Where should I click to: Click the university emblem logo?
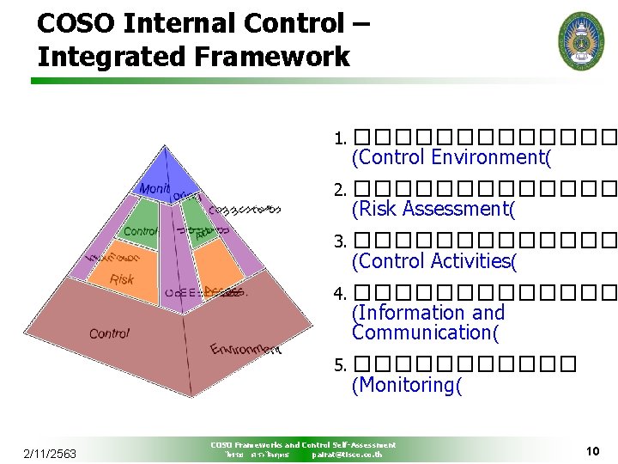click(581, 40)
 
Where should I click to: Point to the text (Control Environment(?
click(451, 157)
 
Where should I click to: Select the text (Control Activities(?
click(434, 261)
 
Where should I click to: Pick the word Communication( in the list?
click(425, 333)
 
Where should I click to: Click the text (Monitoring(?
click(407, 385)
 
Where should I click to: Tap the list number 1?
click(340, 138)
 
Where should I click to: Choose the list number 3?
click(340, 242)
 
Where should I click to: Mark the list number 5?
click(340, 366)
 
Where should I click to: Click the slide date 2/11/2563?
click(50, 453)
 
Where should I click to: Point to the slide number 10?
click(591, 450)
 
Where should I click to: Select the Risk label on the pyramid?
click(122, 279)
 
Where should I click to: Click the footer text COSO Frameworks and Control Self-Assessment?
click(303, 445)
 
